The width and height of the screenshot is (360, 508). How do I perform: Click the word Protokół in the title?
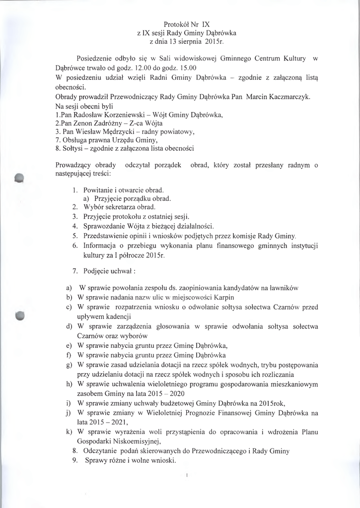click(x=176, y=24)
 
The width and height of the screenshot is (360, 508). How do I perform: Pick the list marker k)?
click(x=70, y=432)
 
